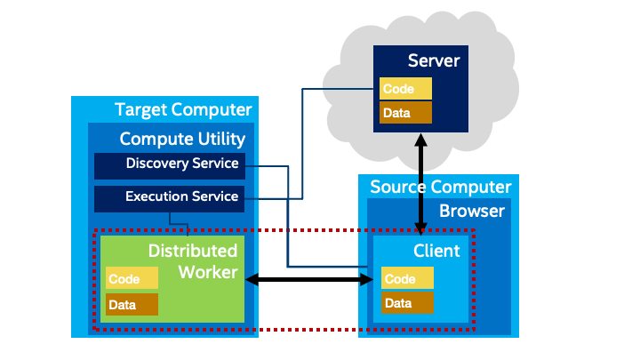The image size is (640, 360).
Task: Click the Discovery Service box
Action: (168, 165)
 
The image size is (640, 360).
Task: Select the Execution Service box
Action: (168, 197)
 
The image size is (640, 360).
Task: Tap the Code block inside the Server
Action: (406, 89)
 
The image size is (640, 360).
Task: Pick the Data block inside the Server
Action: (406, 113)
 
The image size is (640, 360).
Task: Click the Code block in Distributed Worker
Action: (132, 279)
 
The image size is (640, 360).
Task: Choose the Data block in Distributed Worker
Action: (132, 305)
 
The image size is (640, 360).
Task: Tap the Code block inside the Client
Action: (408, 279)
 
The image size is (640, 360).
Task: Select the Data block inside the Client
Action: (408, 303)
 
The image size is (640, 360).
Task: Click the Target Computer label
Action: (183, 110)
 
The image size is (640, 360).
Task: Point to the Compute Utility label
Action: (182, 139)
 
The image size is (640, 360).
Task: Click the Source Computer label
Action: (441, 188)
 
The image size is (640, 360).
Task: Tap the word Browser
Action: (472, 211)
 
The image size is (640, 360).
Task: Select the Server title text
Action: (434, 61)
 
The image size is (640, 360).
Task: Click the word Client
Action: (436, 251)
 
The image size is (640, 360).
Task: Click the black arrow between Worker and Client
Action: (308, 280)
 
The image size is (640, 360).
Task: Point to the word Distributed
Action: (193, 251)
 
